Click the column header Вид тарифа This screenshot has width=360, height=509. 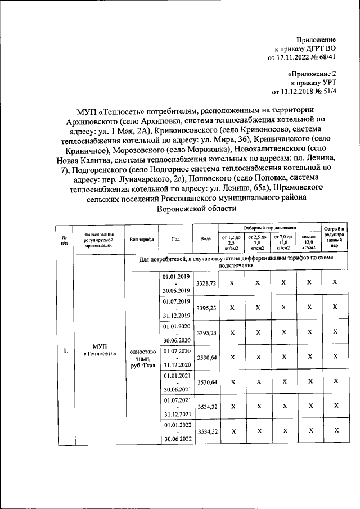click(x=141, y=239)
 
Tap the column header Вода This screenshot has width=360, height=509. click(x=205, y=239)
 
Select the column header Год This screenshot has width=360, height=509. click(x=176, y=239)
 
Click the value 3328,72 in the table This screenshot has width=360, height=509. click(x=206, y=283)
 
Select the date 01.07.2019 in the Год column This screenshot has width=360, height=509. click(x=177, y=301)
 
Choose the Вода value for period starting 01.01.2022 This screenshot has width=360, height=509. click(x=206, y=430)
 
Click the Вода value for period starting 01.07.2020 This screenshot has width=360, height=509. click(x=206, y=357)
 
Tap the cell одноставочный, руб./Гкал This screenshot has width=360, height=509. click(x=142, y=358)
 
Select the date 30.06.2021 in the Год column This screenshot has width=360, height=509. click(x=177, y=389)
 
